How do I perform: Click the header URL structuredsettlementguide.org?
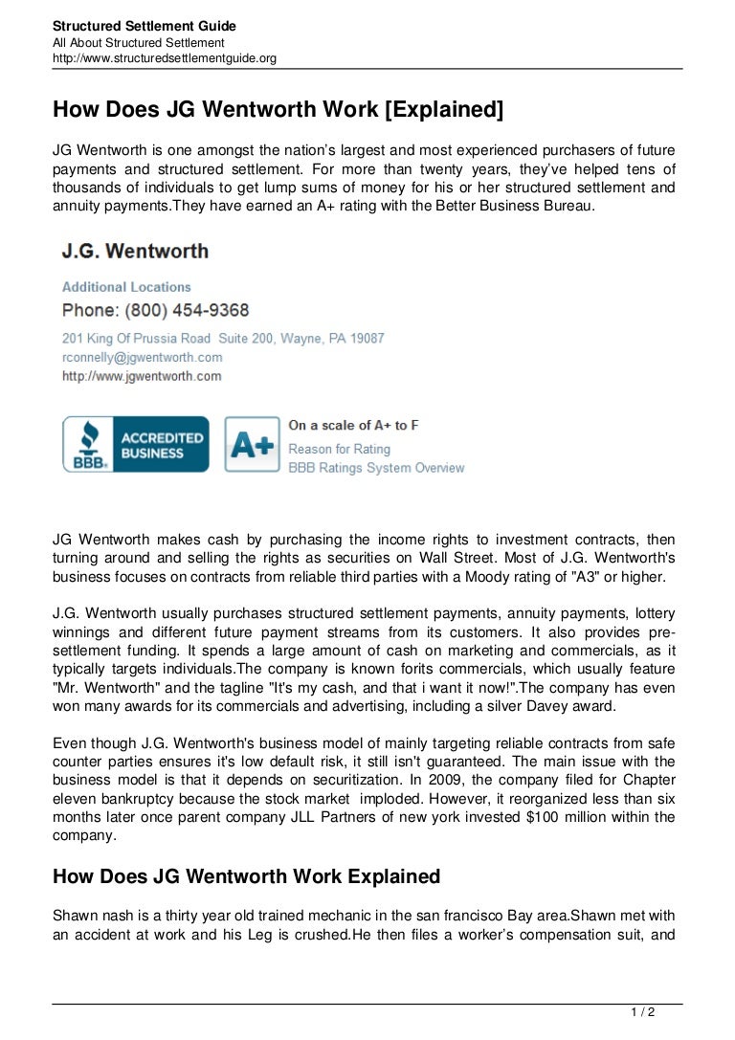click(x=164, y=57)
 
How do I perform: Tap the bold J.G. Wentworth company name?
click(x=135, y=252)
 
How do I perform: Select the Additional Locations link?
click(x=126, y=287)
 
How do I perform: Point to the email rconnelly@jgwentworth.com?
click(x=142, y=357)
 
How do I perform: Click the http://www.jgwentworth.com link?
click(x=142, y=376)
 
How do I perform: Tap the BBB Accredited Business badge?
click(x=135, y=444)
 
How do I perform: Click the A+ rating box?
click(x=252, y=444)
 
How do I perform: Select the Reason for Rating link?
click(x=339, y=448)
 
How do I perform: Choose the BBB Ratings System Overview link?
click(x=376, y=468)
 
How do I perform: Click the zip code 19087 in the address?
click(x=367, y=338)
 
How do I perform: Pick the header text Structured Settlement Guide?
click(x=144, y=26)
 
